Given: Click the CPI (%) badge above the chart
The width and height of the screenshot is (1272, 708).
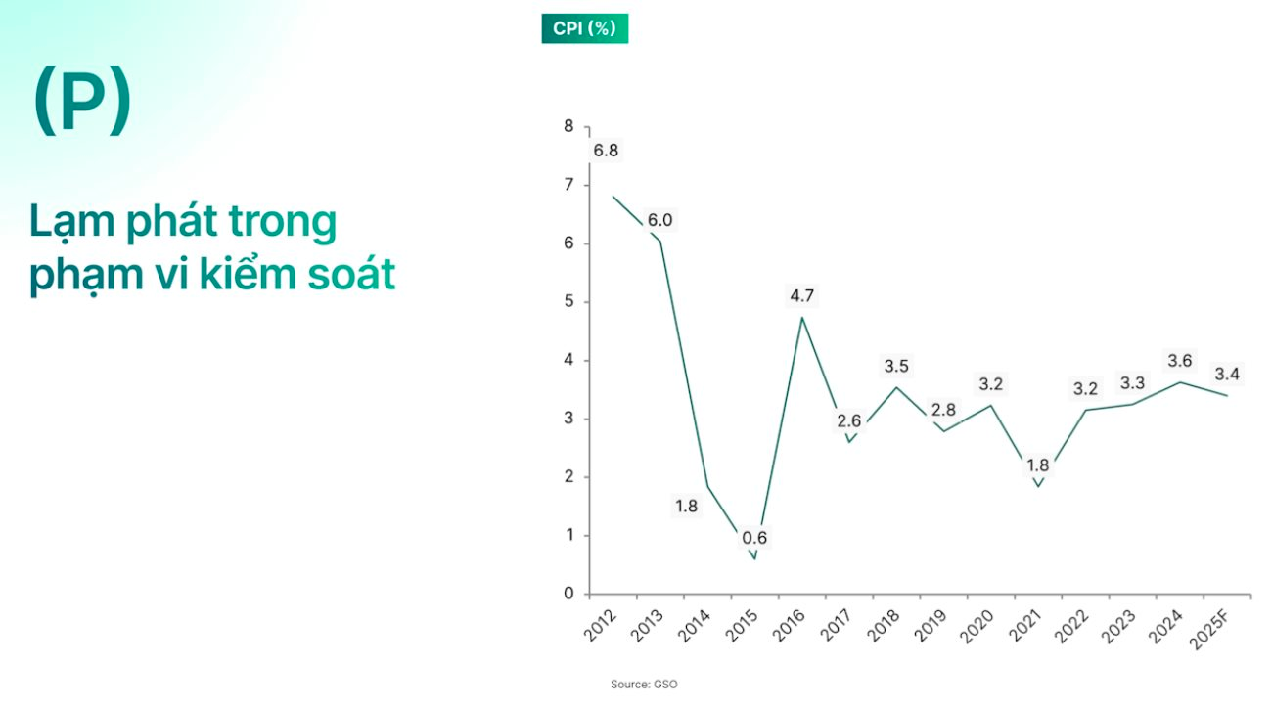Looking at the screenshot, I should click(584, 28).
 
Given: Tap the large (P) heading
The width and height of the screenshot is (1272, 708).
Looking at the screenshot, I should click(81, 101).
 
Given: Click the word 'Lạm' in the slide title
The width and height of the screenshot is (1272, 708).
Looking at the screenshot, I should click(72, 224).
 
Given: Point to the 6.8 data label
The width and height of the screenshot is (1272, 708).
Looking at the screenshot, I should click(606, 151).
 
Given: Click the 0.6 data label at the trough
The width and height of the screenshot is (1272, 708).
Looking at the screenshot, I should click(754, 538).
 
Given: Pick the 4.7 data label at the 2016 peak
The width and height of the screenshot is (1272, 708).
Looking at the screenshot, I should click(802, 295).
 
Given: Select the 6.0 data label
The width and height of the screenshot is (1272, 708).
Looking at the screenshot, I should click(659, 220).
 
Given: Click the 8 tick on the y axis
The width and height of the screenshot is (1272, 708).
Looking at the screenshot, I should click(568, 126).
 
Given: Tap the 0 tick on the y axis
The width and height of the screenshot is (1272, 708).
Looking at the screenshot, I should click(568, 594).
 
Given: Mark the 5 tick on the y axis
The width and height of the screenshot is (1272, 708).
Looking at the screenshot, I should click(568, 302).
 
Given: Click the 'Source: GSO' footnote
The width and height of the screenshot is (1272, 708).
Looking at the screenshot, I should click(643, 685).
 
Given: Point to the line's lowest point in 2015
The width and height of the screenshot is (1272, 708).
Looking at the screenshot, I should click(754, 559).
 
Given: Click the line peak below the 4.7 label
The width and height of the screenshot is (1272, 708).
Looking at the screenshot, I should click(802, 317).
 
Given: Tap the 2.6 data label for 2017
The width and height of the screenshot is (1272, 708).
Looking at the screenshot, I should click(848, 421).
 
